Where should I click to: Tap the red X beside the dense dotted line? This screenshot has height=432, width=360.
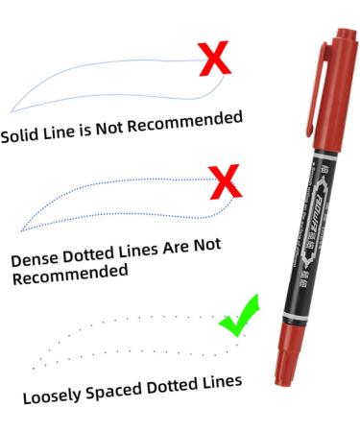click(223, 179)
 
